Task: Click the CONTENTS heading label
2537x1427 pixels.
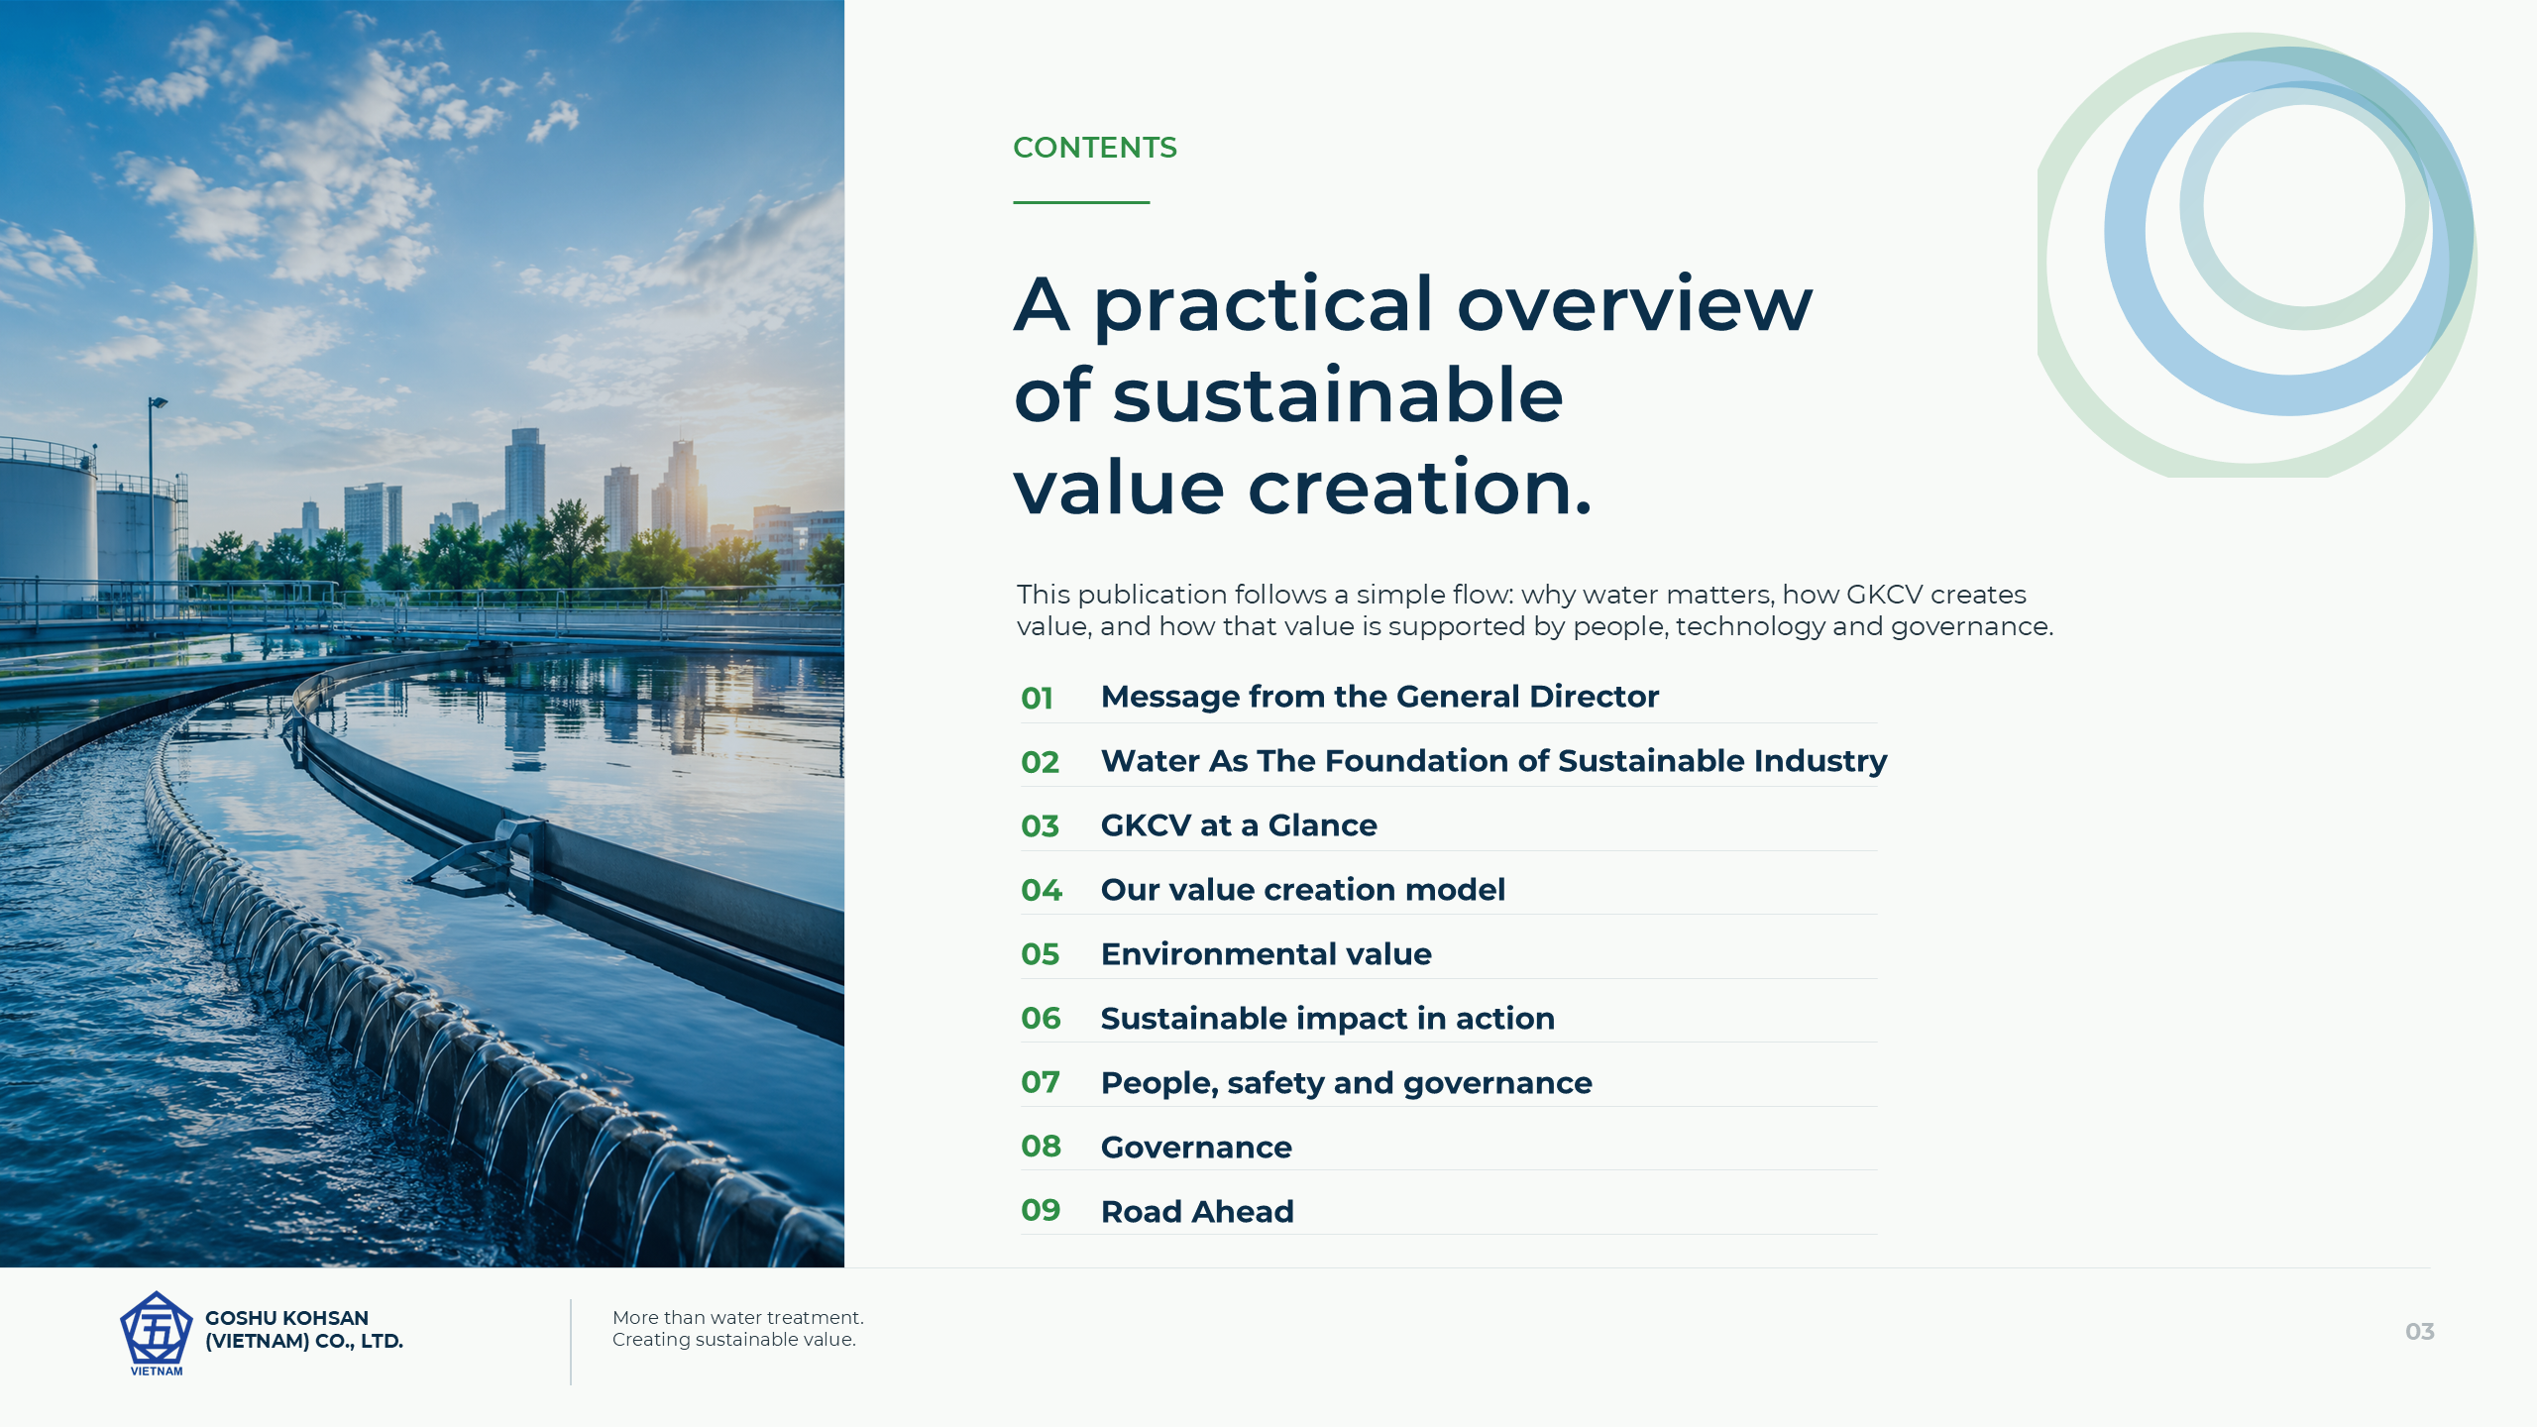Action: tap(1094, 148)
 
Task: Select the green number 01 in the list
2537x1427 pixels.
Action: tap(1037, 698)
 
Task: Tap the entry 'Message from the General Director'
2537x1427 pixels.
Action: tap(1379, 697)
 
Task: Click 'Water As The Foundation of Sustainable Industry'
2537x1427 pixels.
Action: tap(1493, 761)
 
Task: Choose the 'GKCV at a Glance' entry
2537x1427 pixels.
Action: tap(1239, 825)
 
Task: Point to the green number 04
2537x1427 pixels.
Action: tap(1041, 890)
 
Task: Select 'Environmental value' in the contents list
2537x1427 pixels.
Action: tap(1266, 953)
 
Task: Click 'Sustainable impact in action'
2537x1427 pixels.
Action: tap(1327, 1018)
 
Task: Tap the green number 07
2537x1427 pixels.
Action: tap(1041, 1082)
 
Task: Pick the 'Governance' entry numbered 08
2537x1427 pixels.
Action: tap(1196, 1147)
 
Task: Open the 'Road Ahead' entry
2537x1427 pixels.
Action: tap(1197, 1211)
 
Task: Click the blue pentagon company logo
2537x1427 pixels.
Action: tap(156, 1333)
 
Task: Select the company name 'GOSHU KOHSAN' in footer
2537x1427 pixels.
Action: tap(286, 1318)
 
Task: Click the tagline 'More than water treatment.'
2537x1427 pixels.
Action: tap(737, 1317)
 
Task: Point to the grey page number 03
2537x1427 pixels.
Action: tap(2419, 1332)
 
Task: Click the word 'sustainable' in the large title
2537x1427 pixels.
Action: tap(1338, 395)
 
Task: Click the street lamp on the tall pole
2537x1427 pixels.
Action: tap(158, 402)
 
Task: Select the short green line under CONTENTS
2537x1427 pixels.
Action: tap(1081, 202)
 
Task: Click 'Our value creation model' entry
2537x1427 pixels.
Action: tap(1302, 890)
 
